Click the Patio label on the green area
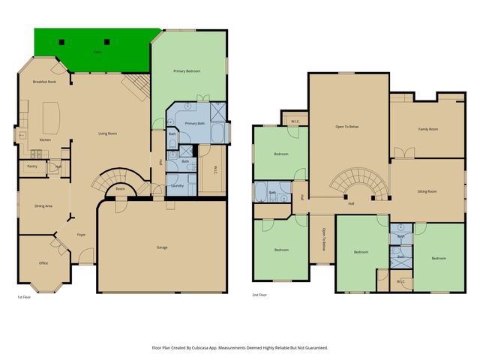[x=97, y=52]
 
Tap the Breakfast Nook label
[x=44, y=81]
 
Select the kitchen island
[x=52, y=116]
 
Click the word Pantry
[x=32, y=166]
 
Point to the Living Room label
[x=108, y=134]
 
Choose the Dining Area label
[x=43, y=205]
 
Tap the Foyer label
[x=81, y=235]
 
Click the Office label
[x=43, y=263]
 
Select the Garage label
[x=161, y=247]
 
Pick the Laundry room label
[x=178, y=185]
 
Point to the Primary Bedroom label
[x=187, y=70]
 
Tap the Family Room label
[x=427, y=130]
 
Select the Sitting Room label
[x=427, y=191]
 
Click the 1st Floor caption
[x=25, y=297]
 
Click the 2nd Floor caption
[x=260, y=295]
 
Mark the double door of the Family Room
[x=403, y=153]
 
